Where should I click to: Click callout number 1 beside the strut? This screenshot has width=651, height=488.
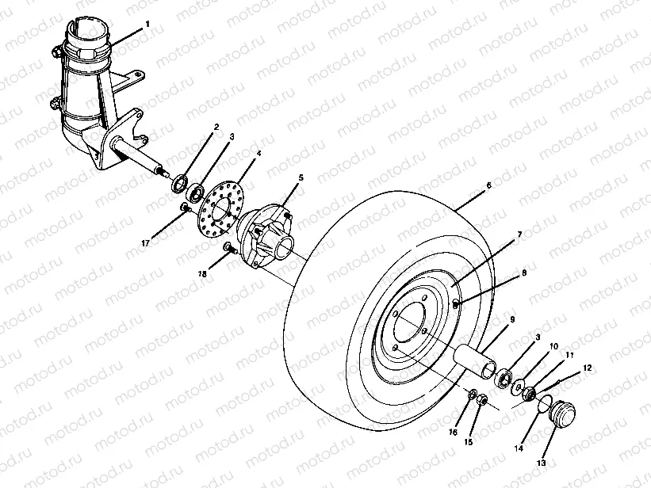[147, 25]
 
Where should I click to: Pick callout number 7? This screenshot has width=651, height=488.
[519, 234]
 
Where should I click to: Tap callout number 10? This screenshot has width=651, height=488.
[554, 346]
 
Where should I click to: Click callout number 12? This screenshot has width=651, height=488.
[588, 368]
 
